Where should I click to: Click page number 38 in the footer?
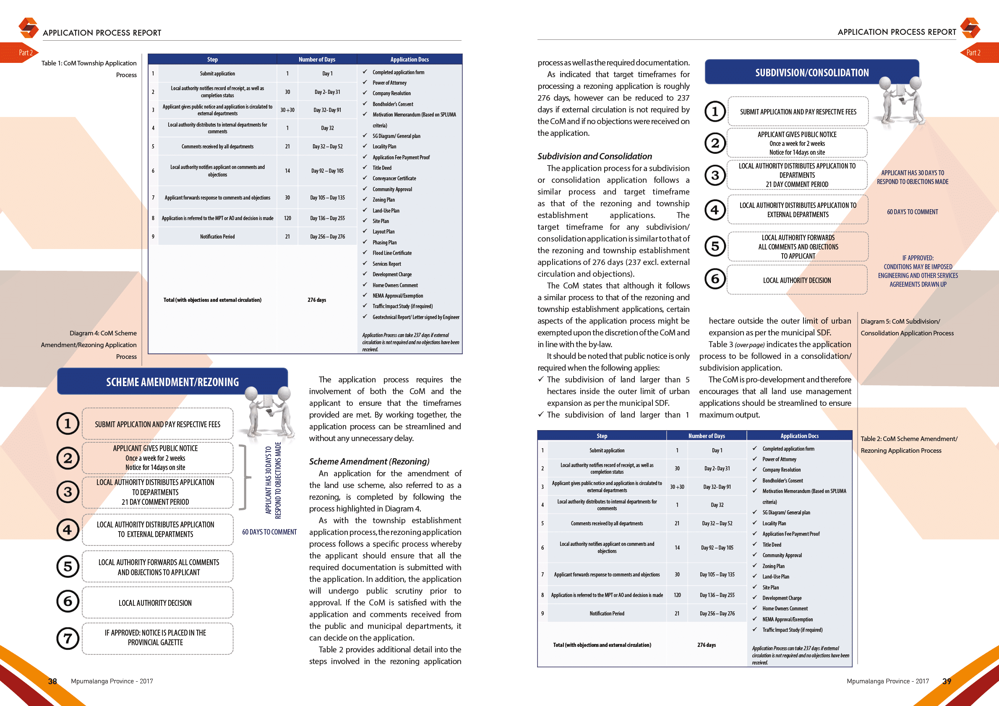[x=52, y=681]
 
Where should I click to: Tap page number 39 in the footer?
[x=947, y=681]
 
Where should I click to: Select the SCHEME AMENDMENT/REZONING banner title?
[x=172, y=382]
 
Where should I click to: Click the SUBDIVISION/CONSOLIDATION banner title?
[x=811, y=73]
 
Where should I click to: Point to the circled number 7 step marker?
[x=68, y=638]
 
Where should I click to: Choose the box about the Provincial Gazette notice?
[x=156, y=638]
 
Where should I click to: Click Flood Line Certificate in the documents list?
[x=391, y=253]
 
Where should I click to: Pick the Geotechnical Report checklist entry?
[x=415, y=317]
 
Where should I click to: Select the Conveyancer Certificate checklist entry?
[x=394, y=178]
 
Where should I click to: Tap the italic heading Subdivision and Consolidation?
[x=595, y=156]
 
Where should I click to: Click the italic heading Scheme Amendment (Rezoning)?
[x=369, y=461]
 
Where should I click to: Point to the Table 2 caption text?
[x=908, y=445]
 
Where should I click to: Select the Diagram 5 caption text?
[x=906, y=327]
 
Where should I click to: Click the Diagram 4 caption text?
[x=89, y=345]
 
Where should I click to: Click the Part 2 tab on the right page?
[x=975, y=52]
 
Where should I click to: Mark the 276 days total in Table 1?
[x=316, y=300]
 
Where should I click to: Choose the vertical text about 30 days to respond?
[x=273, y=480]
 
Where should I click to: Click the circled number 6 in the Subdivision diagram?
[x=715, y=279]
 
